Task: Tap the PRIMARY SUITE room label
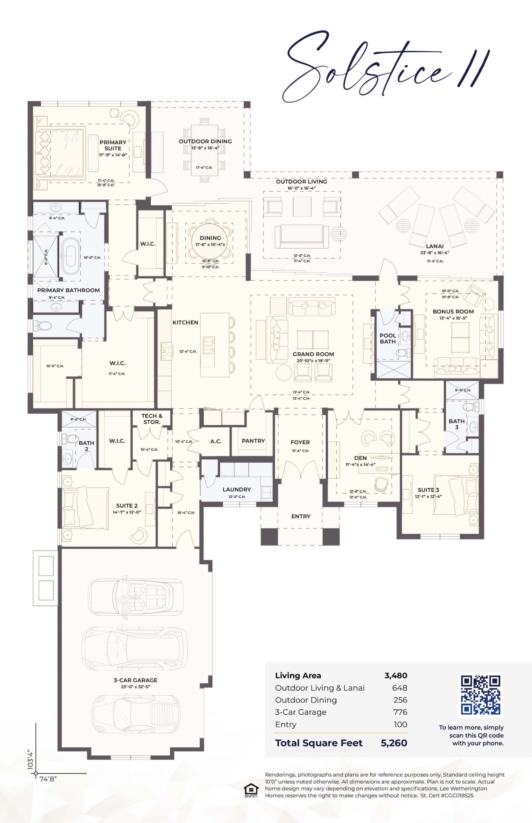[x=113, y=145]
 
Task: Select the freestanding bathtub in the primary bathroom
[x=71, y=257]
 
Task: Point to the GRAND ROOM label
[x=313, y=354]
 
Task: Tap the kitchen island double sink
[x=209, y=346]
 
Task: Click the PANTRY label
[x=253, y=441]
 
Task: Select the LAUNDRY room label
[x=237, y=489]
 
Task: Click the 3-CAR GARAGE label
[x=136, y=680]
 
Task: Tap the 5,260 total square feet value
[x=394, y=743]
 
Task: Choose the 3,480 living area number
[x=396, y=675]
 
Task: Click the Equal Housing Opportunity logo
[x=251, y=791]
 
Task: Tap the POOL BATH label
[x=388, y=339]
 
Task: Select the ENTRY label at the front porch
[x=301, y=516]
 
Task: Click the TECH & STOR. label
[x=152, y=419]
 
